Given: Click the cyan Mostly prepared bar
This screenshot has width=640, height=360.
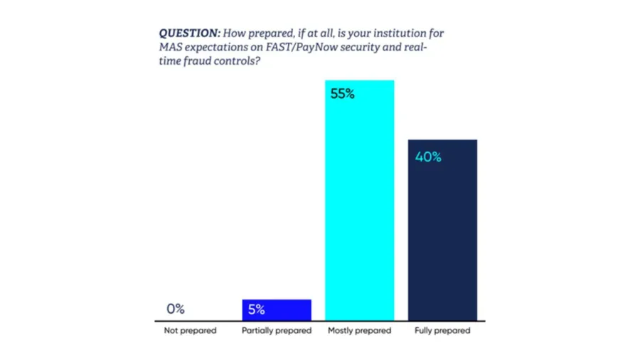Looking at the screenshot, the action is click(360, 200).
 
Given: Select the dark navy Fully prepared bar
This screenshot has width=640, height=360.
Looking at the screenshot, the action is click(442, 231).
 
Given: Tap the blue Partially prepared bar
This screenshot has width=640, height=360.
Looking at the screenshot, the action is click(277, 310).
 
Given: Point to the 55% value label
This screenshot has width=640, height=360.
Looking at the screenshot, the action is click(343, 94).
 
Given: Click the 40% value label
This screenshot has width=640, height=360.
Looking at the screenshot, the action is click(428, 157).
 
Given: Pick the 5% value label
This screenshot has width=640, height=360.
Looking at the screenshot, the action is click(256, 309).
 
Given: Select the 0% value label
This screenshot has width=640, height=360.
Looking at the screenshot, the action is click(176, 309).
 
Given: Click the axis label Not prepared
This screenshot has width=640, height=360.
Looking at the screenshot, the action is click(190, 331).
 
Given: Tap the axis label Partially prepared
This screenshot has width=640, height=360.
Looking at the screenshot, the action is click(277, 331).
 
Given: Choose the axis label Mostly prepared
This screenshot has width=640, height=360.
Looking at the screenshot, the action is click(360, 331).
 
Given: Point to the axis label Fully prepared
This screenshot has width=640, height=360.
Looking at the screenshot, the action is click(442, 331).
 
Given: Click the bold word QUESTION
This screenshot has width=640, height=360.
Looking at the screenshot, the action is click(189, 33).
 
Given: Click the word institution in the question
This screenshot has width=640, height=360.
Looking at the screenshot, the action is click(402, 33).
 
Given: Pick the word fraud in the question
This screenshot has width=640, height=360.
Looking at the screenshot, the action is click(198, 61).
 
